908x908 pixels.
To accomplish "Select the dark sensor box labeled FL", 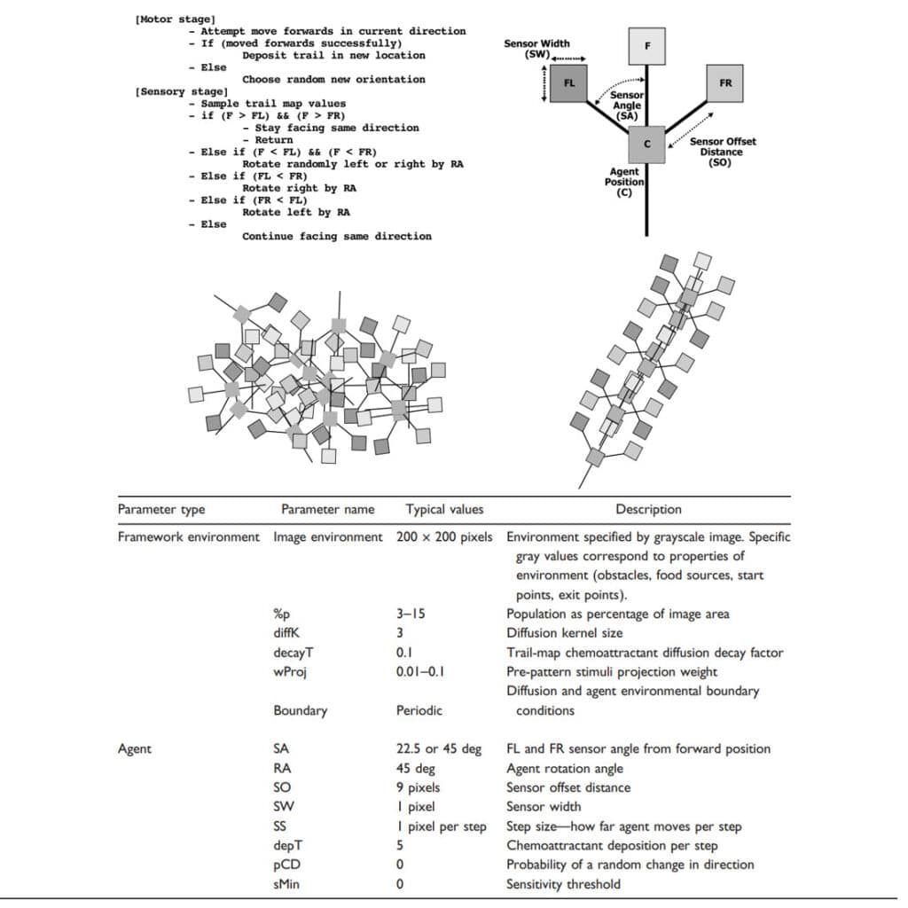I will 569,83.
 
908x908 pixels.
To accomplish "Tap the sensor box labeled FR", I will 725,82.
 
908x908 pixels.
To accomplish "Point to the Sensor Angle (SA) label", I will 627,106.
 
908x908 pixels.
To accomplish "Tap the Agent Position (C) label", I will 624,182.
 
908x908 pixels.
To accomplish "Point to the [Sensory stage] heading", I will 181,91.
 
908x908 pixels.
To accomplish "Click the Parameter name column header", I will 327,509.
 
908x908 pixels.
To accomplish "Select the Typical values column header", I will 444,509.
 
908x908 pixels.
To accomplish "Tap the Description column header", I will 648,509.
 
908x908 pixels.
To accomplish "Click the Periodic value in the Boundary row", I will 419,710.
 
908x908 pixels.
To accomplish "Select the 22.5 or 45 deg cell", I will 439,748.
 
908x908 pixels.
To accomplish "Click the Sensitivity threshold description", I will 563,883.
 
